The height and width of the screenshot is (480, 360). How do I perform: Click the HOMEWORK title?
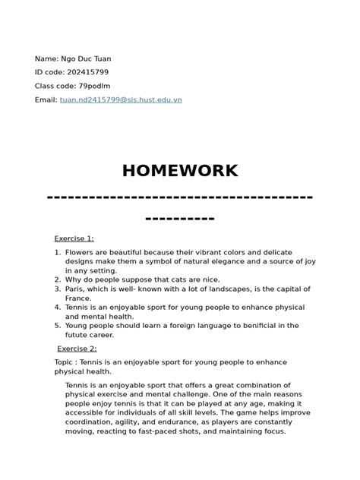(x=180, y=170)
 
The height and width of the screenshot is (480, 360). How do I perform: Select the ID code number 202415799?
(x=91, y=72)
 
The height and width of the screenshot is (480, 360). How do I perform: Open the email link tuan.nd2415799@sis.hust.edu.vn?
(x=121, y=99)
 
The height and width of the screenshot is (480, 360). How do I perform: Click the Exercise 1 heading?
(x=74, y=238)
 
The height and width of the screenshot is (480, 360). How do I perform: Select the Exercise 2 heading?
(x=77, y=349)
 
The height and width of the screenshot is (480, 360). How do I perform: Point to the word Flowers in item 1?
(x=80, y=251)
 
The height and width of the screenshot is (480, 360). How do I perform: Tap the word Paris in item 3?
(x=75, y=289)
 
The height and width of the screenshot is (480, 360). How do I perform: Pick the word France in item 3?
(x=78, y=298)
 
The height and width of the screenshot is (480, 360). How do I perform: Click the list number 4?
(x=57, y=307)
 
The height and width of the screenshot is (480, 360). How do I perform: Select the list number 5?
(x=57, y=325)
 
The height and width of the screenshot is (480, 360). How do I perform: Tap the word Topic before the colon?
(x=65, y=362)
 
